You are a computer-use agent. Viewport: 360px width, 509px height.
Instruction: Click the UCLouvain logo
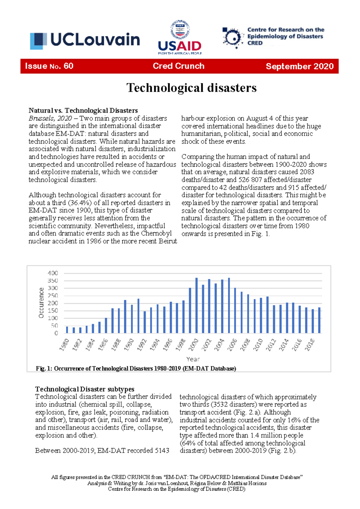85,40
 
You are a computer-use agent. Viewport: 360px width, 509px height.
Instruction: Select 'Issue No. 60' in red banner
49,66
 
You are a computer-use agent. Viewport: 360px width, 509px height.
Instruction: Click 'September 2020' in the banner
299,66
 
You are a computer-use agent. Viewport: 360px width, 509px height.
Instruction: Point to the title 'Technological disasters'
191,88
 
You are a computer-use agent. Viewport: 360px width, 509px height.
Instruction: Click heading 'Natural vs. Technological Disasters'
83,110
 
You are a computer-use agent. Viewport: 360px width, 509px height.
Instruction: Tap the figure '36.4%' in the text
79,203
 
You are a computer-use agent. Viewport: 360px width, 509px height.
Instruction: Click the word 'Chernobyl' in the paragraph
156,233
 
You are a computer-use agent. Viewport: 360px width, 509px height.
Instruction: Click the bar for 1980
67,330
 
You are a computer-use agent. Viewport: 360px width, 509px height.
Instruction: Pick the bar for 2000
196,306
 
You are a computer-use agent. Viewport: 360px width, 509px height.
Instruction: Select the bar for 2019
319,320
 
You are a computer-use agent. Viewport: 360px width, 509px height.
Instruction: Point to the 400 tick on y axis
53,273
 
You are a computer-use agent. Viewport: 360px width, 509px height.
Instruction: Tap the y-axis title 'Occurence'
41,303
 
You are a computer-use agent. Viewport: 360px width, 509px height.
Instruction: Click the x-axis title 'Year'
193,359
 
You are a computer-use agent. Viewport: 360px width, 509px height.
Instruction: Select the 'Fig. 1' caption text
136,368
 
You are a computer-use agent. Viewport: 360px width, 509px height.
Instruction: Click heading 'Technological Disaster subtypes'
85,389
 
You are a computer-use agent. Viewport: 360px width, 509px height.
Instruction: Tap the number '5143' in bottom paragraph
162,450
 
